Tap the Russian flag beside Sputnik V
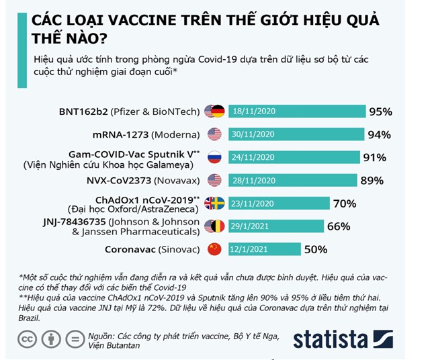(x=214, y=158)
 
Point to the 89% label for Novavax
(x=371, y=181)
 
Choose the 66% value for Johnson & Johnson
(x=339, y=226)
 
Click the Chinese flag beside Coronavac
(x=214, y=249)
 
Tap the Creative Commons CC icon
(x=27, y=340)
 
